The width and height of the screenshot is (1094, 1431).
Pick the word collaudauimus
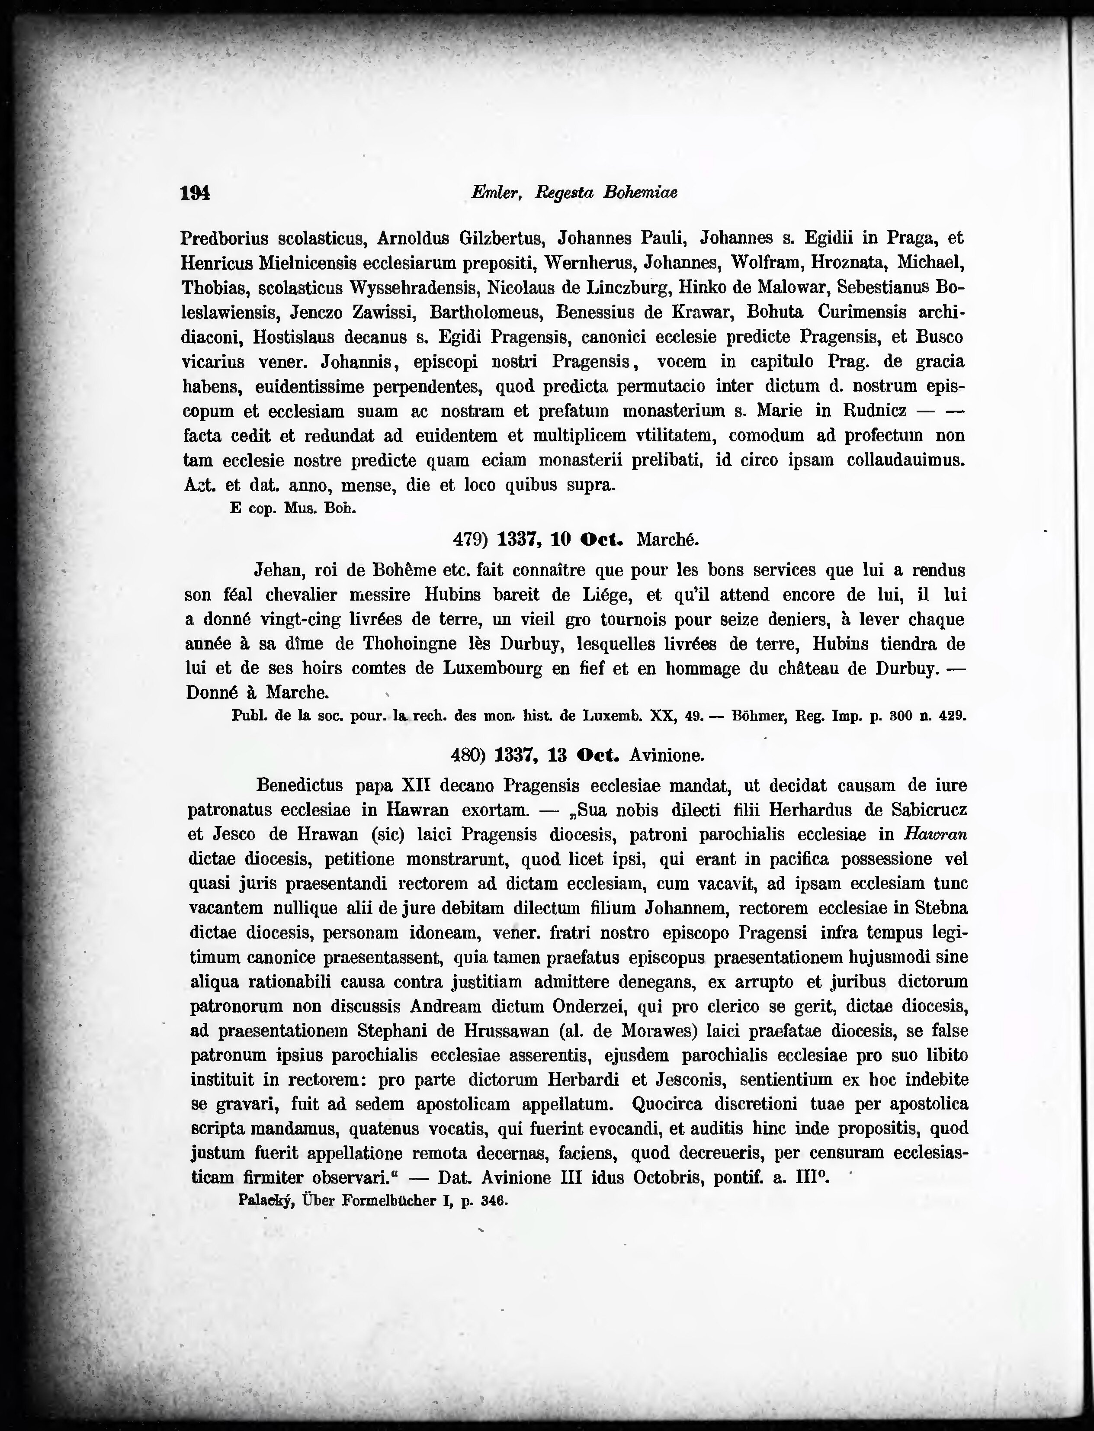[905, 460]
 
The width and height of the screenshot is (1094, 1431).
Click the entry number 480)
[469, 755]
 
